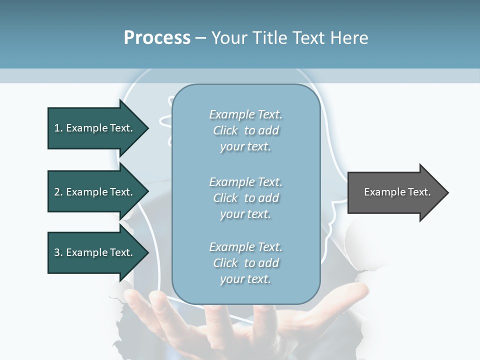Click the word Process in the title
point(157,38)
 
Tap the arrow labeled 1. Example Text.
point(95,128)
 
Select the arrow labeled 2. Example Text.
point(95,192)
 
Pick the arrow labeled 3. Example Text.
point(95,252)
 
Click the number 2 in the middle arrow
point(57,192)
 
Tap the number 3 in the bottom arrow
point(57,252)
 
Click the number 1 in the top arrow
point(57,128)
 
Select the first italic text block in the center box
point(245,130)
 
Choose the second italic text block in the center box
point(245,197)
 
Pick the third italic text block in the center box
point(245,263)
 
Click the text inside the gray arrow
point(397,192)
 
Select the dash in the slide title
point(200,38)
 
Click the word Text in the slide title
point(308,38)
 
